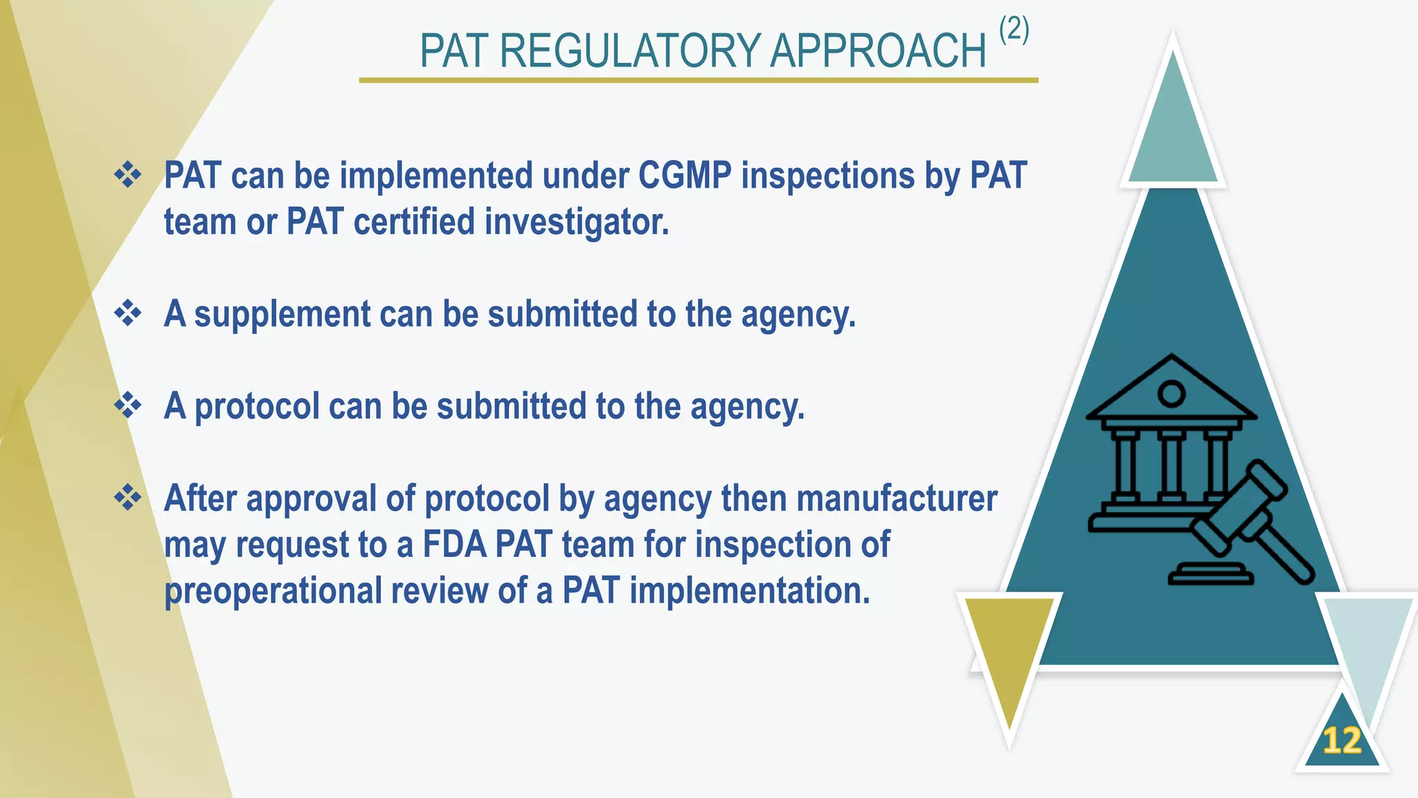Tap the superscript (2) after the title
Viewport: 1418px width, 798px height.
point(1014,30)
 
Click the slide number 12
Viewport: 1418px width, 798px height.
point(1341,741)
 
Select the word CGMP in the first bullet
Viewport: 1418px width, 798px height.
point(685,175)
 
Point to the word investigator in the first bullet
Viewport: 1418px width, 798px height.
point(576,222)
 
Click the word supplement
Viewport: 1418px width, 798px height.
point(282,314)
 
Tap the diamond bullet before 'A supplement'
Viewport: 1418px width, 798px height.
point(128,312)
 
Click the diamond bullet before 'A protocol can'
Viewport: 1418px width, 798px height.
point(128,405)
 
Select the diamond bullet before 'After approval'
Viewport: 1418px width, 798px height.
point(128,497)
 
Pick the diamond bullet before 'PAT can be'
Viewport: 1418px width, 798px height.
point(128,174)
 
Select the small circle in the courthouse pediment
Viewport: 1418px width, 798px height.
point(1172,393)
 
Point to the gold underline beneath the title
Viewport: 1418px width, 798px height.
point(698,80)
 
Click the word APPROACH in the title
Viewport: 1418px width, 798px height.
point(877,51)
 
